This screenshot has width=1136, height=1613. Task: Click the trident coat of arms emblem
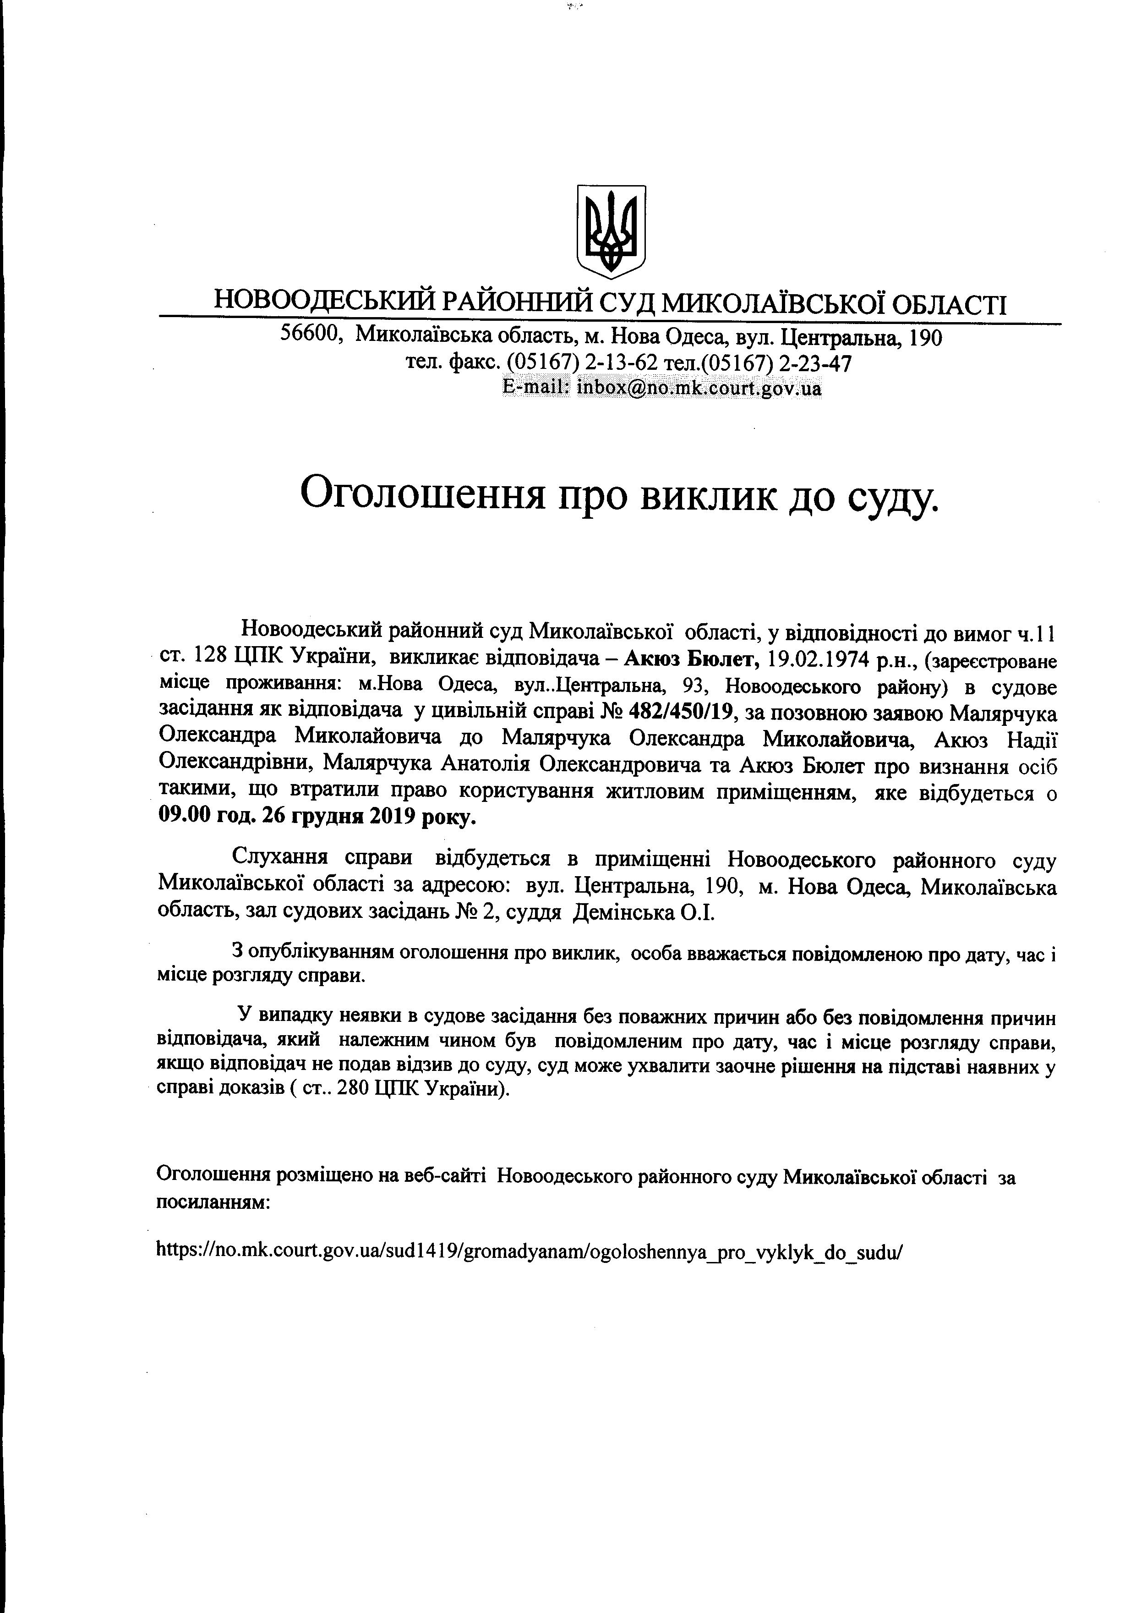click(x=611, y=230)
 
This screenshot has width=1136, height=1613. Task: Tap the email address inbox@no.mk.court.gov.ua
click(x=699, y=387)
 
